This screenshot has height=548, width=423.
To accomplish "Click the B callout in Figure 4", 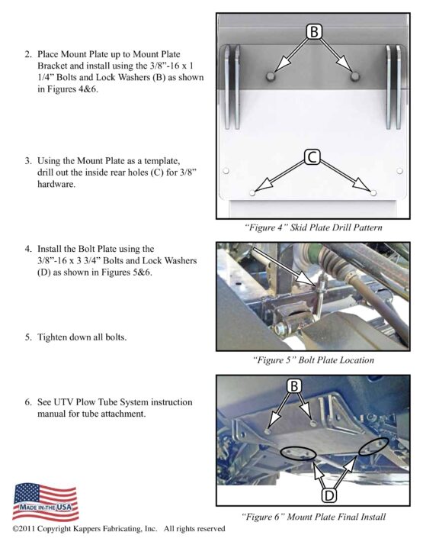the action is [314, 31].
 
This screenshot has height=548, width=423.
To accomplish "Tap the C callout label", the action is [312, 157].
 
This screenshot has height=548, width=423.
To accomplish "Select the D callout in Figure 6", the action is [328, 495].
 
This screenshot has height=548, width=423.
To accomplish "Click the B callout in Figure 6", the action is [294, 386].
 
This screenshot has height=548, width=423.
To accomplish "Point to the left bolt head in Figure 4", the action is [270, 76].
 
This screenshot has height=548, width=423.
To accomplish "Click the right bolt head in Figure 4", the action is [355, 76].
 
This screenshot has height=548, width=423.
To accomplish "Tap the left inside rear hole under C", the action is [252, 192].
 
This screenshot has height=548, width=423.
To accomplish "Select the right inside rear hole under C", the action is [373, 192].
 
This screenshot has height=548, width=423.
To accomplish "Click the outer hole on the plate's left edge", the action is [226, 171].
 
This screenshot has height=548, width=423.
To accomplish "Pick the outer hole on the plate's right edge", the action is [399, 171].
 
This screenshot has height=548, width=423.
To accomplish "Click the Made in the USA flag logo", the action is [46, 502].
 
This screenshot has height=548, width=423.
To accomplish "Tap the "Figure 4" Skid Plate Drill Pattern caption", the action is [313, 227].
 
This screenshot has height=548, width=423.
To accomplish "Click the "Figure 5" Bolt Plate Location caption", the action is [313, 360].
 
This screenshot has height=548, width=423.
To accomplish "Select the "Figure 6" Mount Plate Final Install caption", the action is [313, 517].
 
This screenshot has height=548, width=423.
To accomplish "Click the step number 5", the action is [28, 337].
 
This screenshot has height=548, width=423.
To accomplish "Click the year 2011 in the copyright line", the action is [27, 528].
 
